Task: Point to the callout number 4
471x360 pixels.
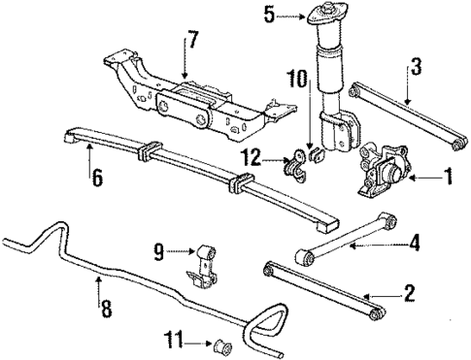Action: pos(414,242)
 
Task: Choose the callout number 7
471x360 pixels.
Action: pos(192,41)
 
